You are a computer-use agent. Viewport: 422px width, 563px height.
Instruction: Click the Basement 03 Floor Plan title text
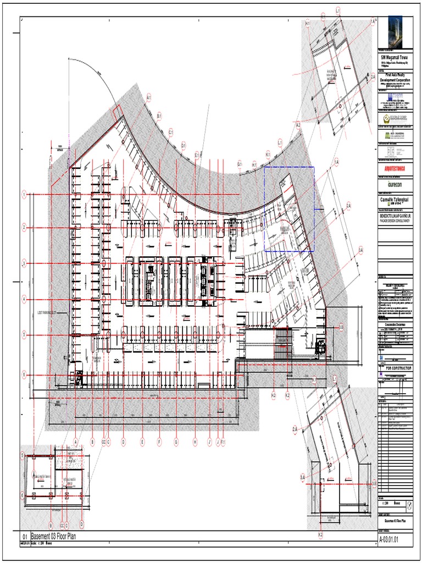tap(55, 537)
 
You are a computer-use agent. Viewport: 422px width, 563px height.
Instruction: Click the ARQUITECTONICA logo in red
tap(395, 169)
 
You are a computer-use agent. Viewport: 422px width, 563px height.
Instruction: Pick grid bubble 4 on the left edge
tap(24, 299)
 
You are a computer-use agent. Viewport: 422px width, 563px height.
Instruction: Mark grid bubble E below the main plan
tap(142, 441)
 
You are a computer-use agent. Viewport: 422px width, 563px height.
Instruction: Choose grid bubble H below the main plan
tap(195, 441)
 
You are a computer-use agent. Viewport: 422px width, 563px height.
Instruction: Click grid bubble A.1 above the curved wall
tap(148, 98)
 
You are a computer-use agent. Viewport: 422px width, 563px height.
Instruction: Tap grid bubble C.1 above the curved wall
tap(171, 132)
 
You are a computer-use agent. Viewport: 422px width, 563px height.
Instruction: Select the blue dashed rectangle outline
tap(289, 208)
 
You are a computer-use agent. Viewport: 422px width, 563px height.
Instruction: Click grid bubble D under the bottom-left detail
tap(81, 525)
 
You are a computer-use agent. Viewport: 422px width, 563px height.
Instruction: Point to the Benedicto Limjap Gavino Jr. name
tap(395, 215)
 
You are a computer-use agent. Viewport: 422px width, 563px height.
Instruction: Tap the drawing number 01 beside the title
tap(24, 537)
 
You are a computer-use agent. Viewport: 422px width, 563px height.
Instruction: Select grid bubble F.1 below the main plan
tap(223, 441)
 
